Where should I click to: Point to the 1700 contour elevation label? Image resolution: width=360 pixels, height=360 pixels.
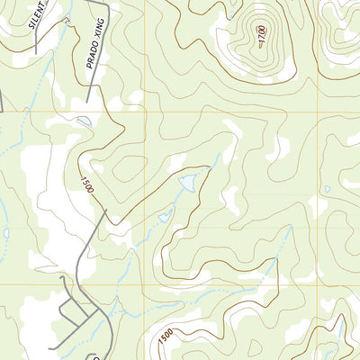coord(262,39)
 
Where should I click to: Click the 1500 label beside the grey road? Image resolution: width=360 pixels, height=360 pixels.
coord(87,187)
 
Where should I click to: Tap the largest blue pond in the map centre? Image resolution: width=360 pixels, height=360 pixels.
coord(188,184)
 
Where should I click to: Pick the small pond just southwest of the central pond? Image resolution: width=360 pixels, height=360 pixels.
coord(166,216)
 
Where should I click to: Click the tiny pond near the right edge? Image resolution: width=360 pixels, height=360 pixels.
coord(327,189)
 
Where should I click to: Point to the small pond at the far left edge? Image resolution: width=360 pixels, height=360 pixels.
coord(6,232)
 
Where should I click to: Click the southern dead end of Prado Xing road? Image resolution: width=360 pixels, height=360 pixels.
coord(88,101)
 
